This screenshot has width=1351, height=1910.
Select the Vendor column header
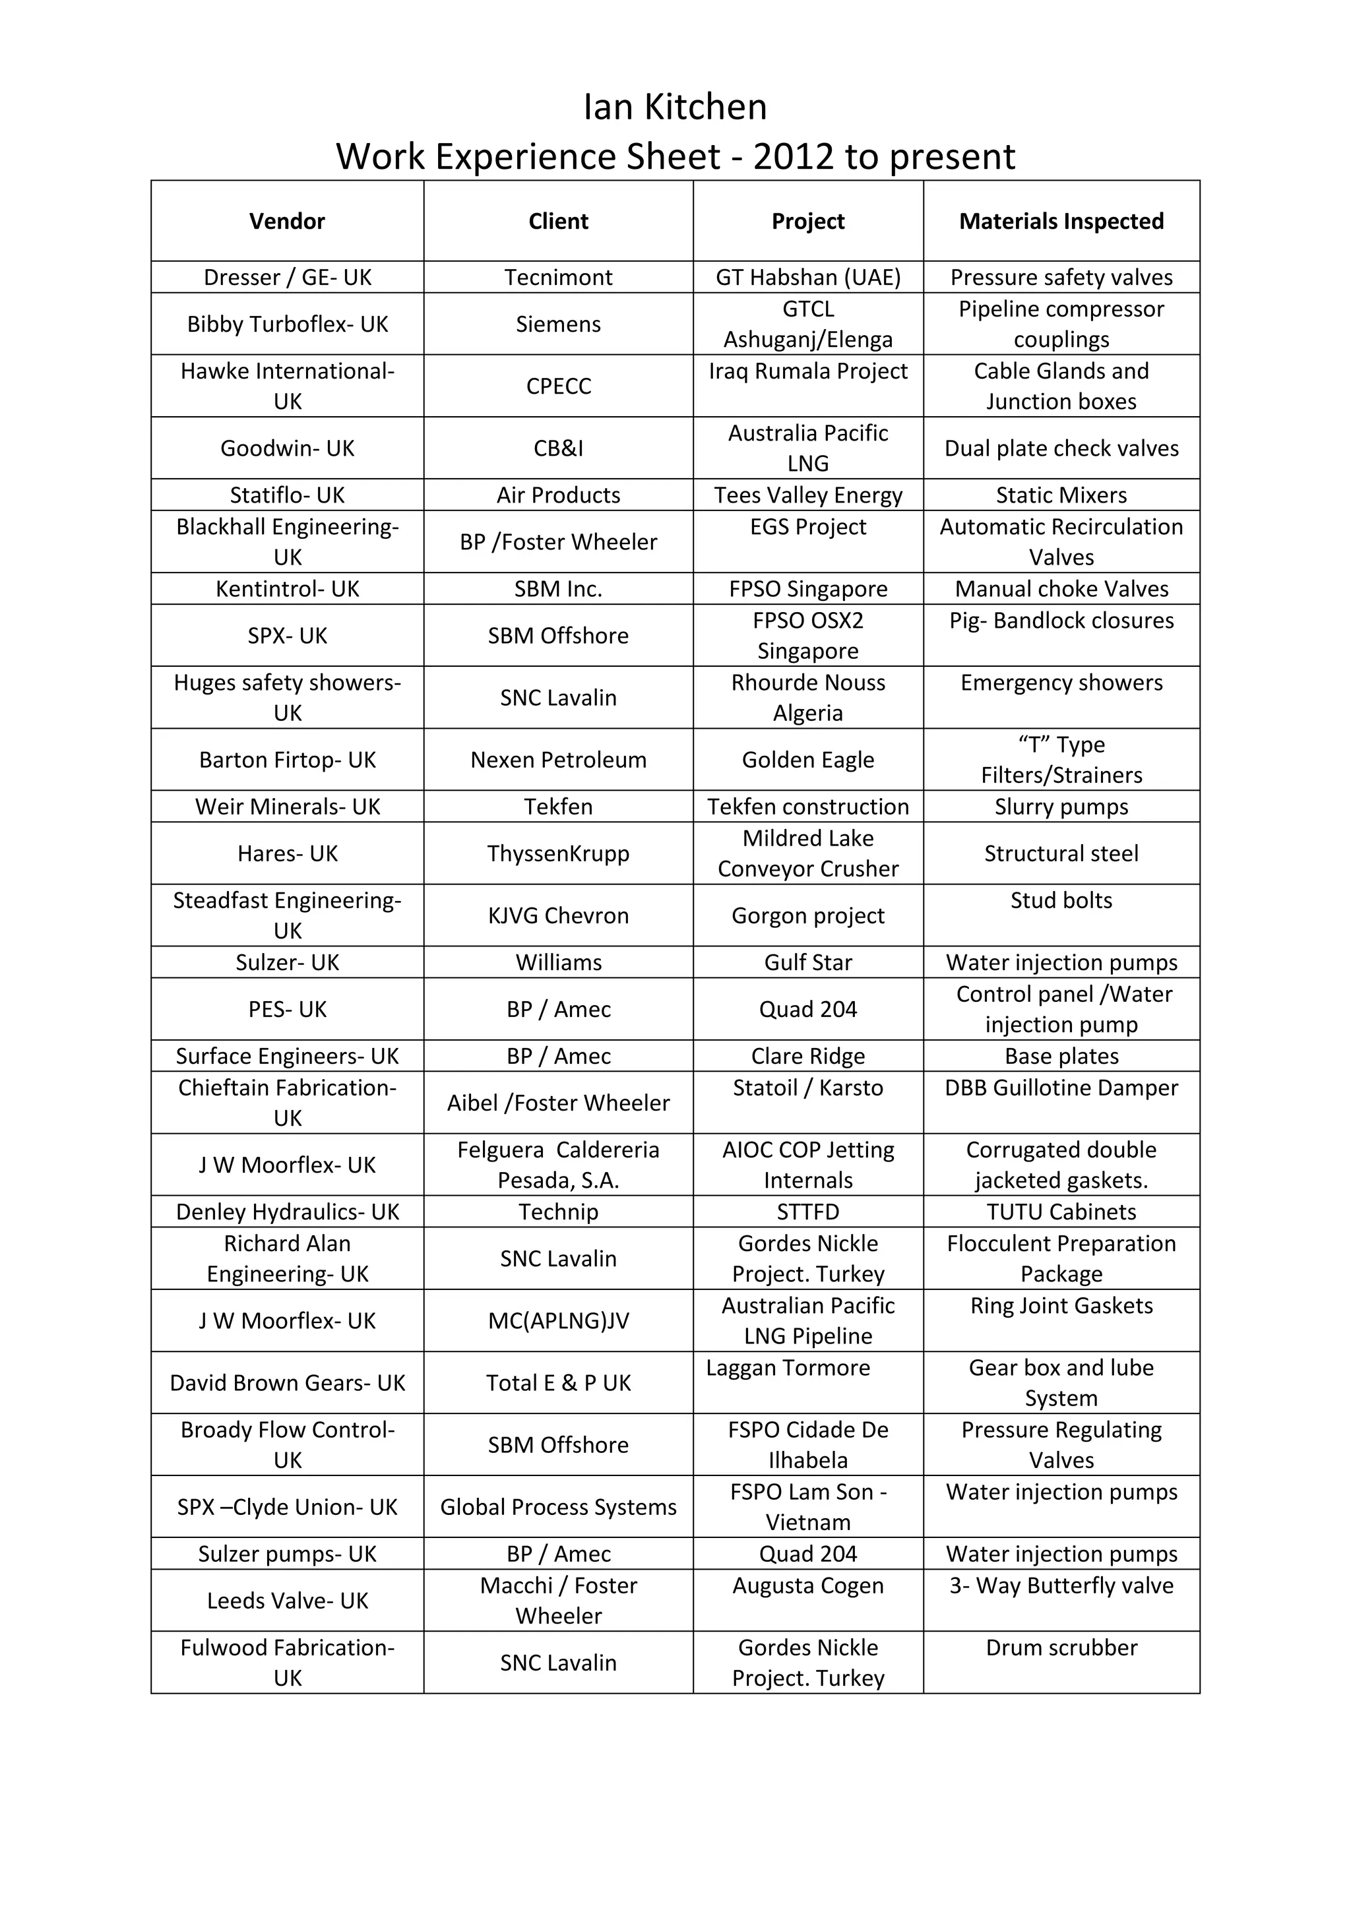(287, 222)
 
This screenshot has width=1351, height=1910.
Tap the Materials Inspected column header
(1061, 222)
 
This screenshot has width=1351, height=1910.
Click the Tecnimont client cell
(558, 277)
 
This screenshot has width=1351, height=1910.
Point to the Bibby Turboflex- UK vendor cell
(287, 324)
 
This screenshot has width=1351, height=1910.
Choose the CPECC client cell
(558, 386)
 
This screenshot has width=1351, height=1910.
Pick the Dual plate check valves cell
(1061, 448)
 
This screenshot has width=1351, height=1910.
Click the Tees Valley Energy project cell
(808, 495)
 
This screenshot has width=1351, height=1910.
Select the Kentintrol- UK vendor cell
(287, 589)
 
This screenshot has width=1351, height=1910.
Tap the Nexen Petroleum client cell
(558, 760)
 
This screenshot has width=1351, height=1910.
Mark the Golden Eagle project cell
(808, 760)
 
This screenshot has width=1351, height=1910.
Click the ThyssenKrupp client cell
(558, 853)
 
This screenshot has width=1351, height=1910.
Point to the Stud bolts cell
(1061, 900)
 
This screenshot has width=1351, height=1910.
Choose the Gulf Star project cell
(808, 962)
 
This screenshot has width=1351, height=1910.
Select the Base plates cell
(1061, 1056)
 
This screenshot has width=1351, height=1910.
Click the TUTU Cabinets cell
(1061, 1212)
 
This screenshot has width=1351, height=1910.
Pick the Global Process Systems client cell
(558, 1508)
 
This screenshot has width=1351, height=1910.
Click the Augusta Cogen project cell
(808, 1586)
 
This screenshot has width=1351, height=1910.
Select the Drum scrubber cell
(1061, 1648)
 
